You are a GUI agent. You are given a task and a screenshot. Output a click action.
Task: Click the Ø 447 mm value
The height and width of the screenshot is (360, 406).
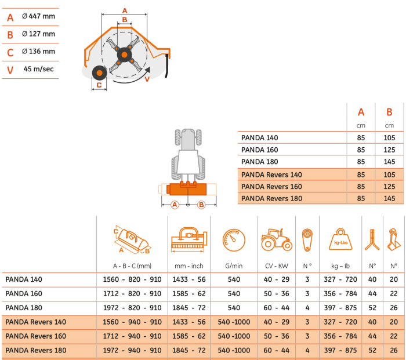point(38,16)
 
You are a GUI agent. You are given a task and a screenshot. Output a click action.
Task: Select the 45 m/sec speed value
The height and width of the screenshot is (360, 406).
point(39,68)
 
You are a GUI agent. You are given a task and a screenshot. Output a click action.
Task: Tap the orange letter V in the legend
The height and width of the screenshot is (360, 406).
point(10,70)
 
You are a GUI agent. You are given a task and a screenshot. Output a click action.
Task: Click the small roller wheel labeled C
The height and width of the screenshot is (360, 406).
point(99,74)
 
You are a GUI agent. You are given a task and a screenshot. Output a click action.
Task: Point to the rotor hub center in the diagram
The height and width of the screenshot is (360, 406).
point(124,54)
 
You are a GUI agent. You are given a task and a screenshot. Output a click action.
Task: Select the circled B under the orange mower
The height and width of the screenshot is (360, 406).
point(201,204)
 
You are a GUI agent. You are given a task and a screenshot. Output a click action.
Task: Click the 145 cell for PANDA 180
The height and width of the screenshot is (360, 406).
point(389,162)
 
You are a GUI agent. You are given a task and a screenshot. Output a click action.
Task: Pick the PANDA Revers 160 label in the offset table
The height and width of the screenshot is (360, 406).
point(271,187)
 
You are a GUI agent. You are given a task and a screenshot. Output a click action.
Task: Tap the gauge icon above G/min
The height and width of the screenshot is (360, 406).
point(234,239)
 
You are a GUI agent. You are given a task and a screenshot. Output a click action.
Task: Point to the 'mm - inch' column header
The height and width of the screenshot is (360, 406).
point(188,266)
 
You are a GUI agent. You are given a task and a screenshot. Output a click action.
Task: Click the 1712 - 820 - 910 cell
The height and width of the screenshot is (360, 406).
point(132,293)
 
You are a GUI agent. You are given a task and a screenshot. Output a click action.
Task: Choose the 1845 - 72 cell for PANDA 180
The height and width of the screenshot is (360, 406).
point(188,308)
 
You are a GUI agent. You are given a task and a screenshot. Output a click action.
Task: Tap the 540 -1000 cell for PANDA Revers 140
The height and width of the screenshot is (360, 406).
point(234,322)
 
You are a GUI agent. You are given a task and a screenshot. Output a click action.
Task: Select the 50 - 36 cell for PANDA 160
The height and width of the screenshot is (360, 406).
point(276,293)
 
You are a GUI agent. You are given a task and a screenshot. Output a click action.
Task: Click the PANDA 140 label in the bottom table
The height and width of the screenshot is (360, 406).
point(24,279)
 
